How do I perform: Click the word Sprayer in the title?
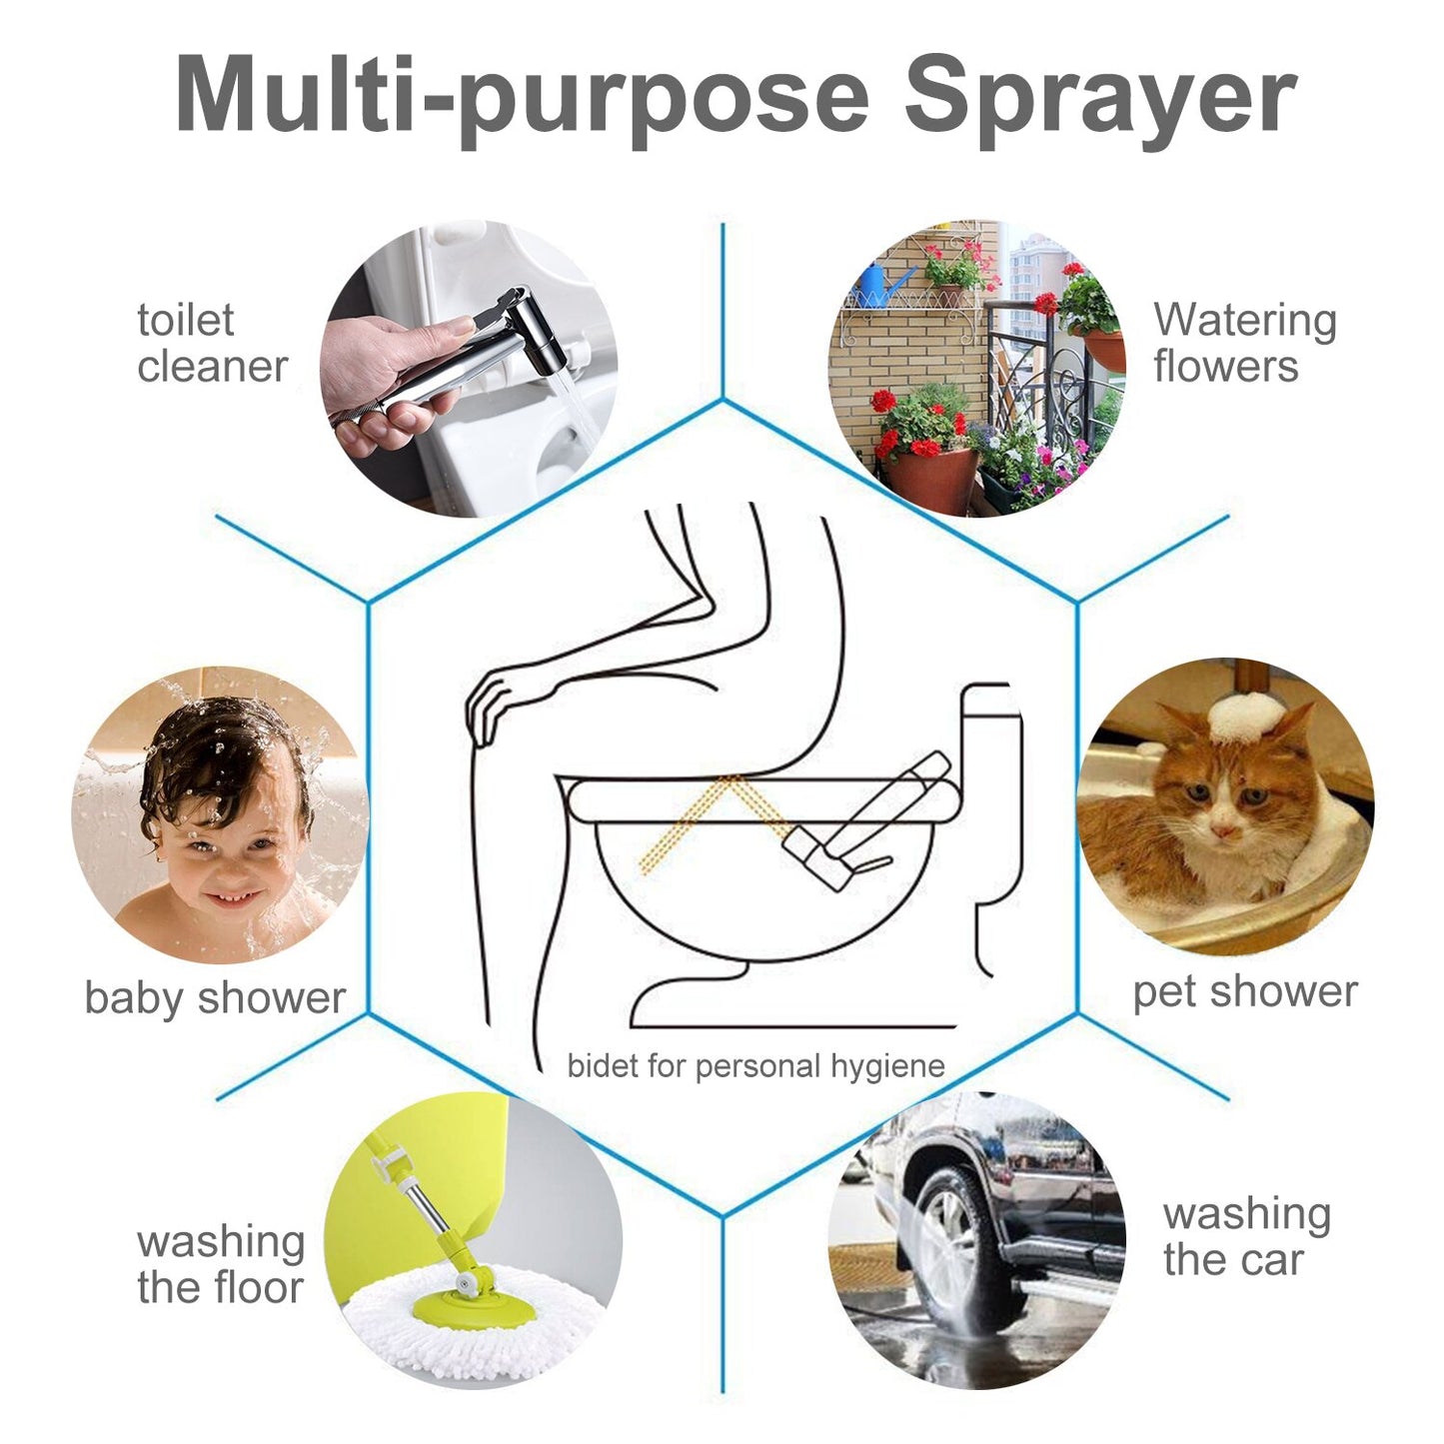[1101, 101]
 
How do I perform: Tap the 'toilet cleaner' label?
[212, 344]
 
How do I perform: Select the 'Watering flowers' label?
[1245, 343]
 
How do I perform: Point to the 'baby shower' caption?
[215, 998]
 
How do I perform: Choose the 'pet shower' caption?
[1245, 992]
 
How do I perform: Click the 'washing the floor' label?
[221, 1264]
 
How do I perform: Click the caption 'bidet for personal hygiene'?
[756, 1065]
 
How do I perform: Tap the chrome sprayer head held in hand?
[480, 352]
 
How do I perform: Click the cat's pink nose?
[1224, 831]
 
